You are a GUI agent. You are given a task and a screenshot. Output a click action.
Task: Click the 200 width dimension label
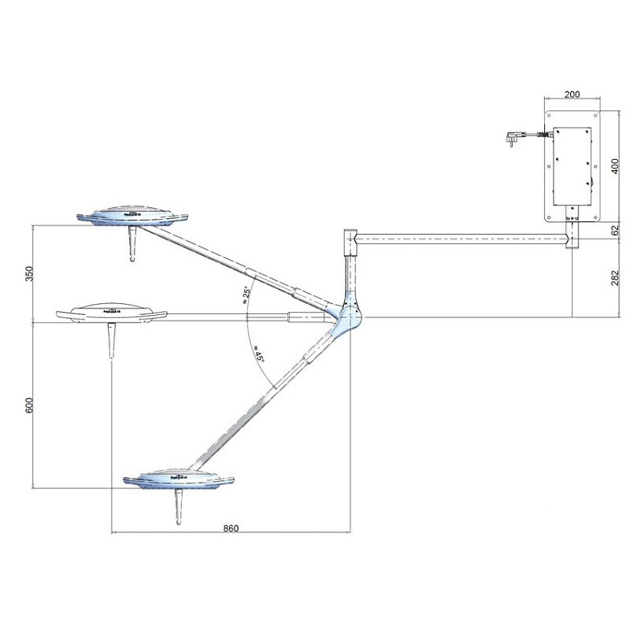(573, 91)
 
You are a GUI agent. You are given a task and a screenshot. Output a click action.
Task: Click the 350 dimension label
(29, 273)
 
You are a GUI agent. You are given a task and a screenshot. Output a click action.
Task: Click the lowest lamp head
(179, 480)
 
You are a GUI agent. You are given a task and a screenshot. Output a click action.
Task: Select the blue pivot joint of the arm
(347, 316)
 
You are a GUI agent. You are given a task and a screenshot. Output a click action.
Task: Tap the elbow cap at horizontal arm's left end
(350, 238)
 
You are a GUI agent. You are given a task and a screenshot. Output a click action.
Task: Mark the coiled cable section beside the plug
(538, 137)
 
